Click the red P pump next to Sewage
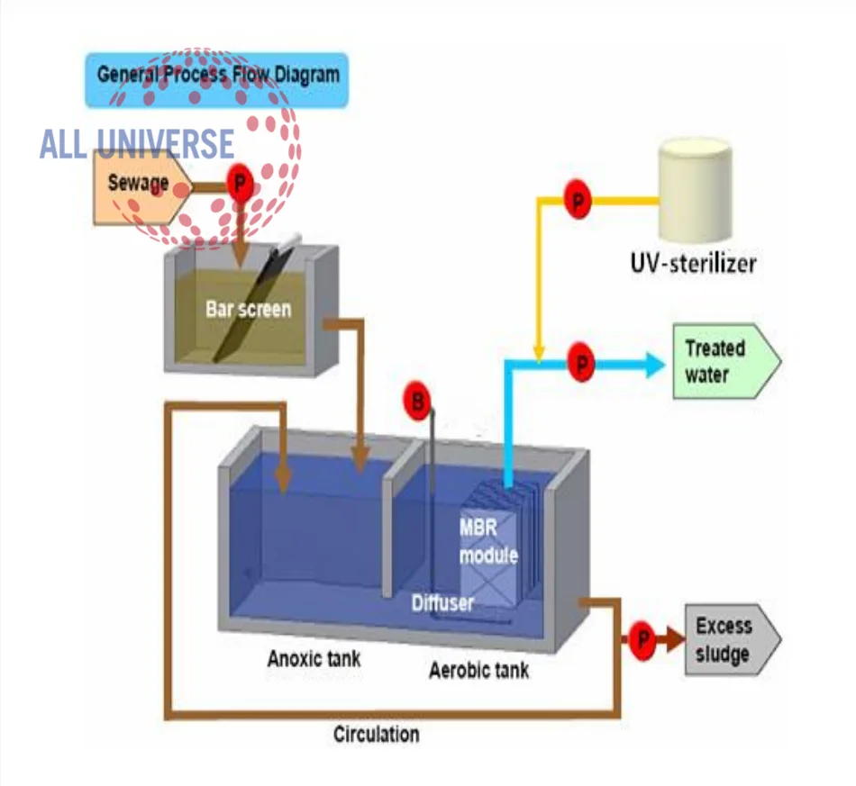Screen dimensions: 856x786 click(x=240, y=183)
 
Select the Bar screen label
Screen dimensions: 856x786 click(x=249, y=310)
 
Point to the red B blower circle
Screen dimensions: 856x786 click(x=417, y=401)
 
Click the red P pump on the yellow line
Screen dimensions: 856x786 click(x=578, y=200)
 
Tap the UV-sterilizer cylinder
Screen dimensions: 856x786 click(x=695, y=190)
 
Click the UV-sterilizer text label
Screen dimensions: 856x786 click(x=693, y=263)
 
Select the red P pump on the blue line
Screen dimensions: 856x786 click(x=581, y=362)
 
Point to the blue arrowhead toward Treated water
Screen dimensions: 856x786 click(x=655, y=365)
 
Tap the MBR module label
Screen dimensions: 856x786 click(x=488, y=541)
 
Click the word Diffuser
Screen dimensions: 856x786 click(x=442, y=602)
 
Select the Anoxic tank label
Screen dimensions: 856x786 click(x=314, y=658)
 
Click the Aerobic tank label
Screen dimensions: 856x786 click(x=478, y=670)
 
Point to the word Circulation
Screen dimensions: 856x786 click(x=376, y=734)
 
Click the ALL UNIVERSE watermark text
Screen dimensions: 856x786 click(x=137, y=144)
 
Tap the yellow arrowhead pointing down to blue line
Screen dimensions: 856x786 click(x=539, y=353)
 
